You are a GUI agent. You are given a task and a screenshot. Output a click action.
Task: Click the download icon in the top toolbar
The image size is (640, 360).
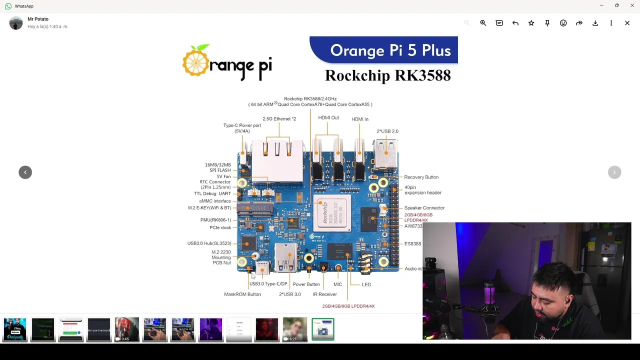pos(595,23)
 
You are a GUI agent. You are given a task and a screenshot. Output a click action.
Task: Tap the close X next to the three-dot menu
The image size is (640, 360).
pos(627,23)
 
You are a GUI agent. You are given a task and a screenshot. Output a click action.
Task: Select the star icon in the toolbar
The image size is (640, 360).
pos(531,23)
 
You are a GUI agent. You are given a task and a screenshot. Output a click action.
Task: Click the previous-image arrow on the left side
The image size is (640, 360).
pos(25,172)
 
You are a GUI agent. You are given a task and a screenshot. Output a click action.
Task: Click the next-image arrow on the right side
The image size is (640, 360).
pos(614,172)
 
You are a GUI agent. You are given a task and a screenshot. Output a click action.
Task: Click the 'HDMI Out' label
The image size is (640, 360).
pos(328,118)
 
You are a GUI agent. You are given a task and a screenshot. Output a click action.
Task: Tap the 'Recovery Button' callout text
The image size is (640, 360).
pos(421,177)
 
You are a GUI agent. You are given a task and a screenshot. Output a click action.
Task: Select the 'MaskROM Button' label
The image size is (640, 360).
pos(242,294)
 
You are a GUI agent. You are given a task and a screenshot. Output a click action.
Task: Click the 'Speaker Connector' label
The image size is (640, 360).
pos(424,208)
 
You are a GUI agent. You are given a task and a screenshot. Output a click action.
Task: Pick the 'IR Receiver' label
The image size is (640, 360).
pos(324,294)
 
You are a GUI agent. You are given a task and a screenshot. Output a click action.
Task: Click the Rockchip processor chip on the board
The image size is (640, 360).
pos(331,213)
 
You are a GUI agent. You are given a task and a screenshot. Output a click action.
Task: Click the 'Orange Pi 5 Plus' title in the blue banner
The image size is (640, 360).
pos(390,50)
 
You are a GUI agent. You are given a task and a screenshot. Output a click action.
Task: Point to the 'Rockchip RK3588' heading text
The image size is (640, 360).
pos(387,75)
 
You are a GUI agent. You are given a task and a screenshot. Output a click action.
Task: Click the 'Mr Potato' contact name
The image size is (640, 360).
pos(38,19)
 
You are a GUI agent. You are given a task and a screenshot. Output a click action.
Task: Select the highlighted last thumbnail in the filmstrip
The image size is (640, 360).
pos(323,329)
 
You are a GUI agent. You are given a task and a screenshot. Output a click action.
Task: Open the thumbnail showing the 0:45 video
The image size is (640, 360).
pos(127,329)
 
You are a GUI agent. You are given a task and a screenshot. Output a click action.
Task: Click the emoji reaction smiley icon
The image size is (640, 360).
pos(563,23)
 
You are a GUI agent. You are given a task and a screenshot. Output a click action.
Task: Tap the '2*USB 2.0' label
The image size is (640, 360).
pos(387,131)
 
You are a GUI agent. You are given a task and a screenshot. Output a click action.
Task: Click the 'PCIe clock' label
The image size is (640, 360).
pos(220,228)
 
